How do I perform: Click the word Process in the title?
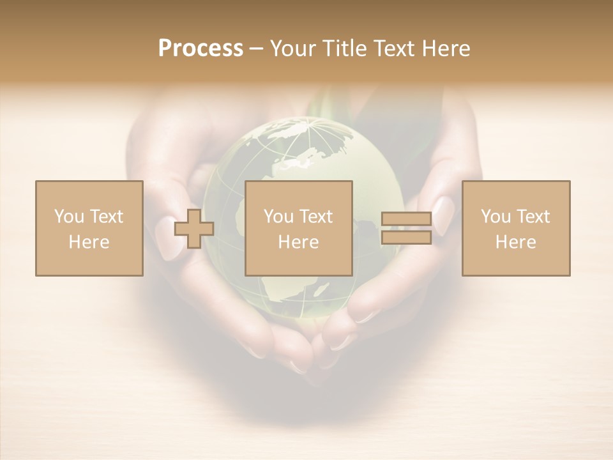tap(201, 48)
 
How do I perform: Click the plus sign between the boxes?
tap(194, 229)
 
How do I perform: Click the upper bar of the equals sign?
tap(406, 219)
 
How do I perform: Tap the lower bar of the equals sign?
tap(406, 238)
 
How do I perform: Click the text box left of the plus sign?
tap(89, 228)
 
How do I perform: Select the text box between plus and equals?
tap(299, 228)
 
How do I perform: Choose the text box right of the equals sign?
tap(516, 228)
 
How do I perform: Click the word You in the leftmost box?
tap(68, 217)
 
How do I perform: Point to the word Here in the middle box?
tap(299, 242)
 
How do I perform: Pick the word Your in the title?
tap(292, 49)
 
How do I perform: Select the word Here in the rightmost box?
tap(516, 242)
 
